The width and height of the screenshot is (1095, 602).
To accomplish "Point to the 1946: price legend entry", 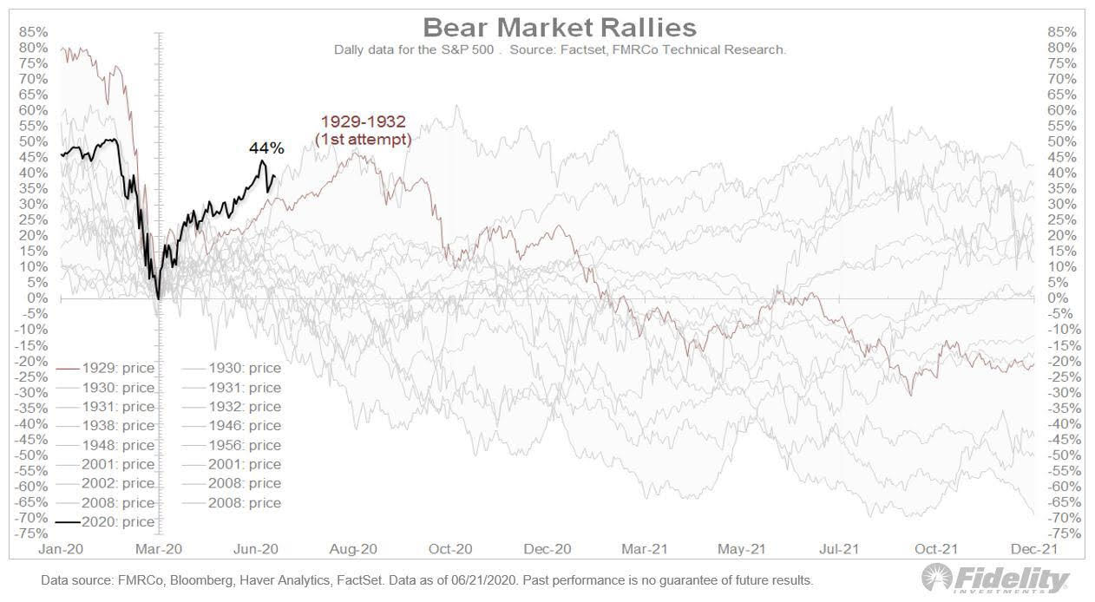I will pyautogui.click(x=244, y=426).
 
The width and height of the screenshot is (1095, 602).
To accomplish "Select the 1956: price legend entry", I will pyautogui.click(x=244, y=445).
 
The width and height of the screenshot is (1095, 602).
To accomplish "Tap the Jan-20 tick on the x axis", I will pyautogui.click(x=62, y=549).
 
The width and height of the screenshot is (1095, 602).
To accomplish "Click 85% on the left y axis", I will pyautogui.click(x=34, y=32).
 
